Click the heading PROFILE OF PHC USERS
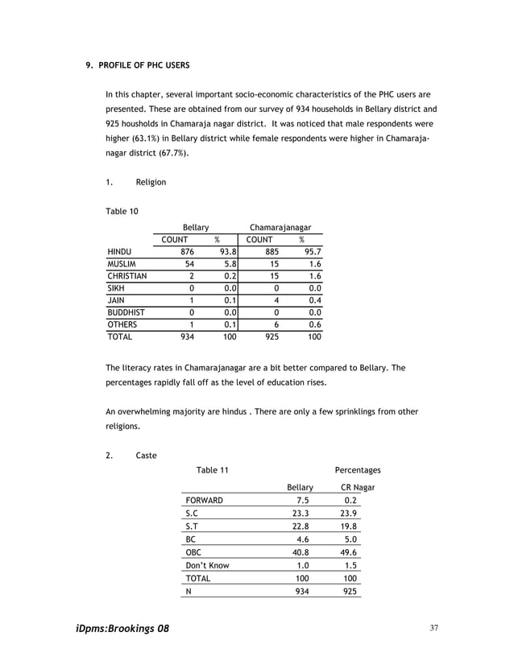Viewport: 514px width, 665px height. (x=144, y=64)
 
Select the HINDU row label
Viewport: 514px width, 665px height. (x=120, y=252)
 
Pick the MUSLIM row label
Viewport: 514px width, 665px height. (x=122, y=264)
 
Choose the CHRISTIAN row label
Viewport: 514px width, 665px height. (x=127, y=276)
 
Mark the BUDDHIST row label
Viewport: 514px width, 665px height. (x=126, y=312)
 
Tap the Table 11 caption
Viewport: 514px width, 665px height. (x=213, y=470)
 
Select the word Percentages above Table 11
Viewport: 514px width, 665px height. (x=358, y=470)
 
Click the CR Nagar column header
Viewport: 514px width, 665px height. (x=358, y=487)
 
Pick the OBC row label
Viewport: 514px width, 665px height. (x=193, y=552)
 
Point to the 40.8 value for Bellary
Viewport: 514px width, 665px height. (x=301, y=552)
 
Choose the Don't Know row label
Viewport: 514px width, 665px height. (x=207, y=565)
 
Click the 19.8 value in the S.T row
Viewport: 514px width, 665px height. (x=350, y=527)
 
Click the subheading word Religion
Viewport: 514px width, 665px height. (x=151, y=182)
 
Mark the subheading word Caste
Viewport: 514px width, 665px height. (x=147, y=455)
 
